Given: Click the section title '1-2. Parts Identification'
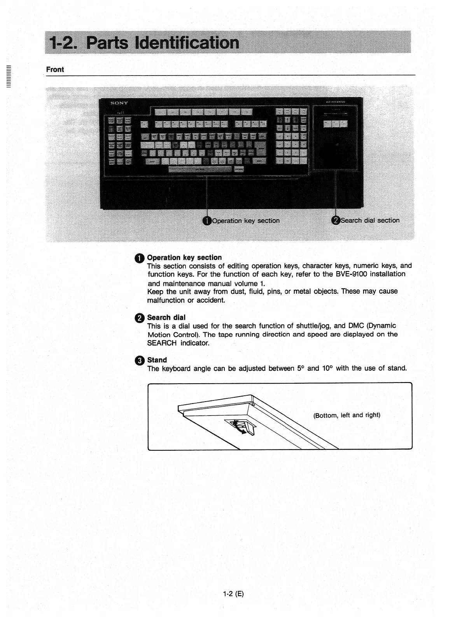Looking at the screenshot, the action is (143, 42).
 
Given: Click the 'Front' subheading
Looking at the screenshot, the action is (55, 69).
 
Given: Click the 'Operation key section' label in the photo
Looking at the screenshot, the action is (246, 221).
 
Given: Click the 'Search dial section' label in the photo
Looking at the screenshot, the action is (370, 220).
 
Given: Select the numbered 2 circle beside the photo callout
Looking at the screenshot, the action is (336, 220).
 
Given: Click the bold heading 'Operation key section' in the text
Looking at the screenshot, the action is (184, 257).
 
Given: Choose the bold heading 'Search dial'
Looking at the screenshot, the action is (166, 317).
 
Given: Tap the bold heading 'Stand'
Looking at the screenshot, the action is (157, 360).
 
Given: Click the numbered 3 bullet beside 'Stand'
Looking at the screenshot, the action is (140, 361).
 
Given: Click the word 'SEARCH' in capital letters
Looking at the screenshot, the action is (162, 343).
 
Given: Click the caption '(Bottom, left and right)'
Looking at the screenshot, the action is (346, 415).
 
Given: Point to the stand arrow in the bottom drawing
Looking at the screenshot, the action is (240, 428).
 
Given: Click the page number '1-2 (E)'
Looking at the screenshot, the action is (233, 594).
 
